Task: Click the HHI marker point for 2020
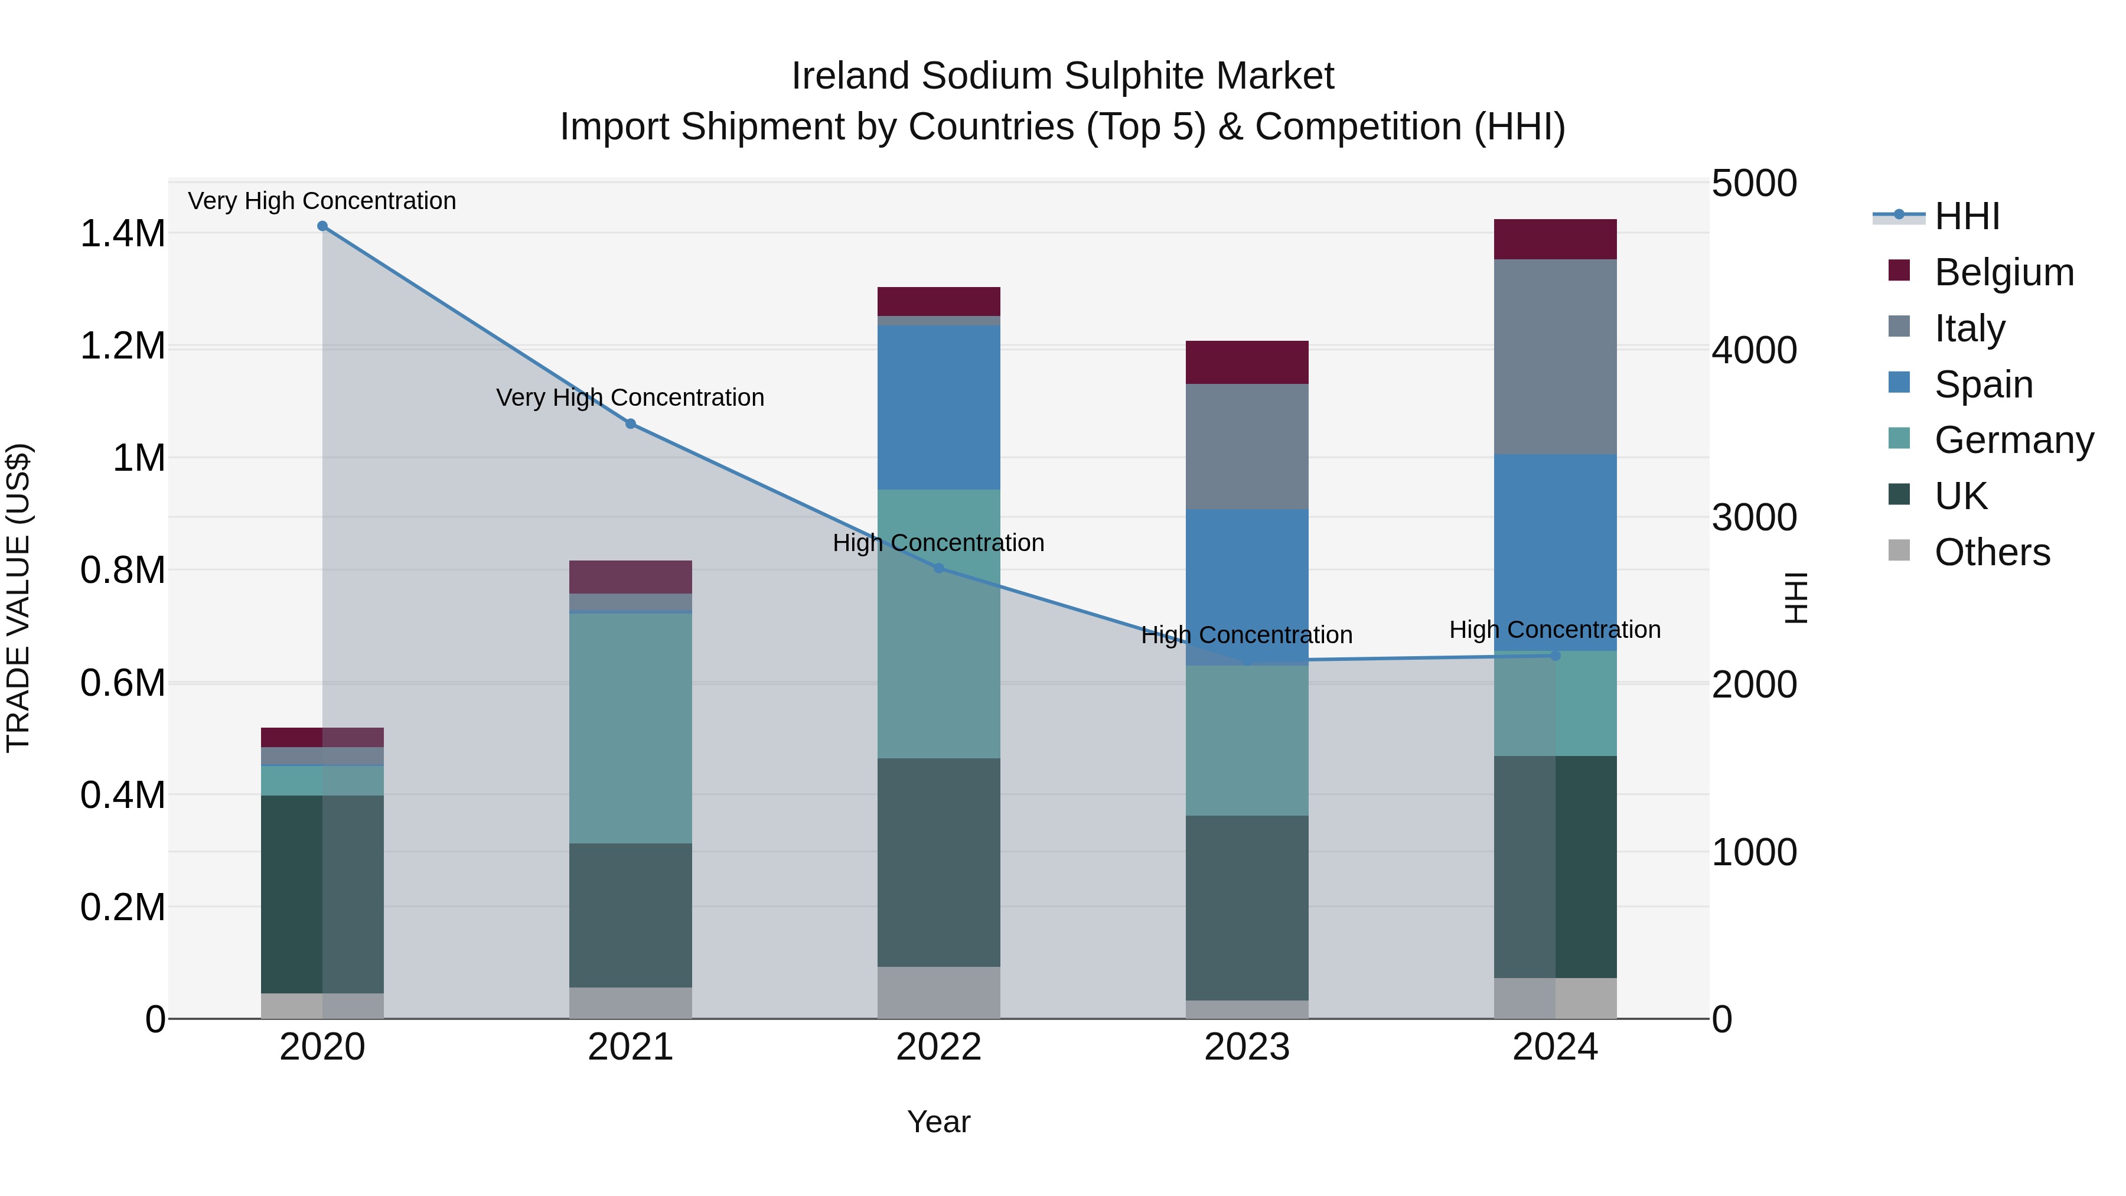[322, 226]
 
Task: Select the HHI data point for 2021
[631, 423]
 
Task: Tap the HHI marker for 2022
[938, 568]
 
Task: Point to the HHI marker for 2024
[1555, 656]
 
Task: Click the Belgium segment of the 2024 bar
[1555, 239]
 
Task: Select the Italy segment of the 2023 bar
[1247, 446]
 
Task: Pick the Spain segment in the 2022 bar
[938, 407]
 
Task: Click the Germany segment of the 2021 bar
[631, 728]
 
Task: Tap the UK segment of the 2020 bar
[322, 894]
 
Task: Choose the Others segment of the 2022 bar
[938, 992]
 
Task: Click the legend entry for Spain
[1983, 384]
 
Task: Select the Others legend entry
[1991, 552]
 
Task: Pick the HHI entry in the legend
[1967, 216]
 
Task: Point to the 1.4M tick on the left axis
[122, 233]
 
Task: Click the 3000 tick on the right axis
[1754, 517]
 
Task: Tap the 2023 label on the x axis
[1247, 1047]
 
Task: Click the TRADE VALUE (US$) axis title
[18, 598]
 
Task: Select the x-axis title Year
[938, 1122]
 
